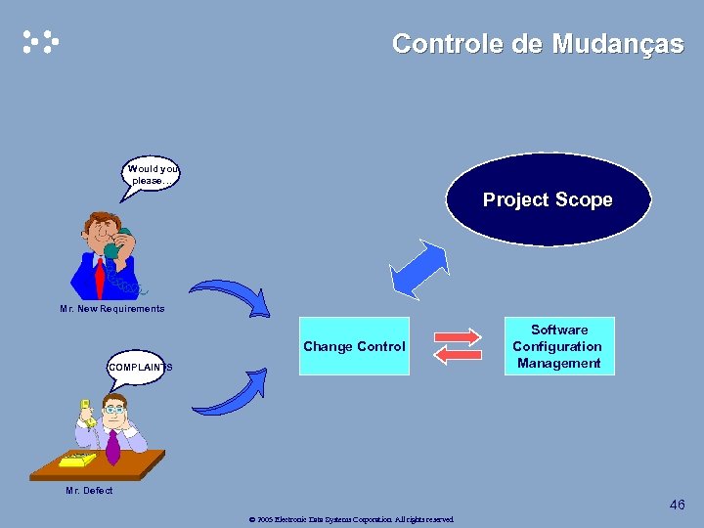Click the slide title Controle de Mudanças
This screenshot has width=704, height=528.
click(x=537, y=44)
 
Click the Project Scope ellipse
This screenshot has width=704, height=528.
click(x=548, y=199)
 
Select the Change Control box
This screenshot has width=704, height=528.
click(x=354, y=346)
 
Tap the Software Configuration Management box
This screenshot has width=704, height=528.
click(x=558, y=346)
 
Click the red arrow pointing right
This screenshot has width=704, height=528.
click(x=457, y=336)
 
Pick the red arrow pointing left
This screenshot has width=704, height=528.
click(x=457, y=356)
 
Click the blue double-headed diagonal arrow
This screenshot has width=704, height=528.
click(x=418, y=269)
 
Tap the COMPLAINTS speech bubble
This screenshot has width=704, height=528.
click(x=136, y=367)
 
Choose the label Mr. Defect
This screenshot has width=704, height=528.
click(x=89, y=491)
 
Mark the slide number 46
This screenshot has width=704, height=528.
click(x=677, y=505)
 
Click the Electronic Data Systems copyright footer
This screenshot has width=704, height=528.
click(x=352, y=519)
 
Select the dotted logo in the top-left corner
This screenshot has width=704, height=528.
click(x=40, y=42)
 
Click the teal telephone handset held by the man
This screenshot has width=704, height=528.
click(x=116, y=244)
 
